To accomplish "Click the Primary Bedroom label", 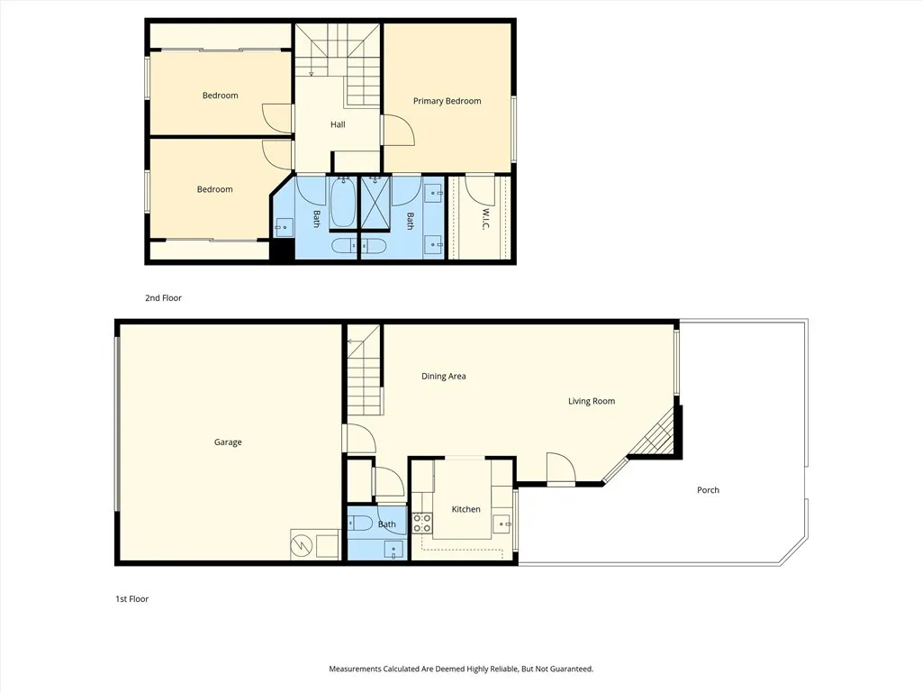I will (x=447, y=101).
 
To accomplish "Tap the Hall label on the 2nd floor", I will (x=338, y=124).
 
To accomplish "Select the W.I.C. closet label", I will (x=484, y=219).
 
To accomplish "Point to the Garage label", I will (x=228, y=442).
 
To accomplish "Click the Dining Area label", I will (x=443, y=377).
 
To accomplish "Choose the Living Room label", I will (x=592, y=401).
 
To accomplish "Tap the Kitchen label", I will (x=466, y=509).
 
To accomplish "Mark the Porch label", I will (x=708, y=490).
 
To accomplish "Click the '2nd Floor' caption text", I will (x=163, y=297).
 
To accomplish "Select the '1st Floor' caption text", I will (x=131, y=598).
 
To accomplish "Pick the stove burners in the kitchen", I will (x=421, y=524).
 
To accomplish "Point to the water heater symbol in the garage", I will (x=303, y=544).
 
